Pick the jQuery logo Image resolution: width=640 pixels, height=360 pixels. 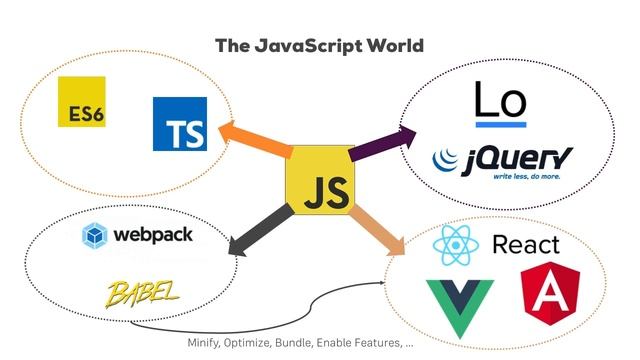point(502,162)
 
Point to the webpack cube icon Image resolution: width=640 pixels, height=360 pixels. point(97,235)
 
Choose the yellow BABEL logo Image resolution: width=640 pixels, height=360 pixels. point(145,292)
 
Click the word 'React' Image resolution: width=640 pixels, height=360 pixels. point(526,245)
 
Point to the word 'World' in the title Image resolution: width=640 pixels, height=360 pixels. point(395,45)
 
